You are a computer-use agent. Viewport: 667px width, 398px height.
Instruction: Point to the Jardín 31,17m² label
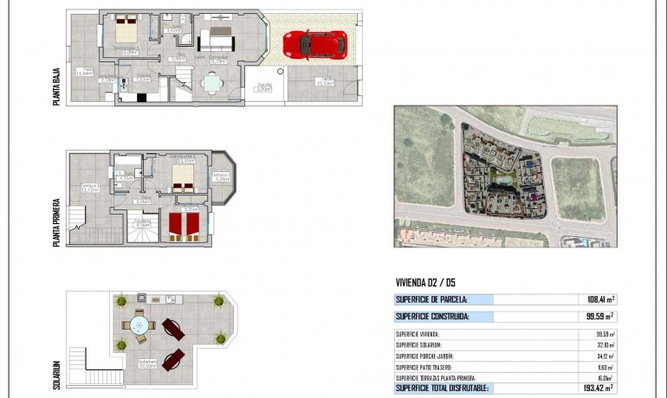point(325,81)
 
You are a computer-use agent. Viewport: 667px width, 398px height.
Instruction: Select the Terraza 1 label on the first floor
point(90,188)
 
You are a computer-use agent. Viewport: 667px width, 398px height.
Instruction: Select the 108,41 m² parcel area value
point(600,299)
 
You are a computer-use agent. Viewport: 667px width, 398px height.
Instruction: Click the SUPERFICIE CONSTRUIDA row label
point(432,317)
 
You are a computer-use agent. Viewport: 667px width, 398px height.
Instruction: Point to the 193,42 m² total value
point(598,388)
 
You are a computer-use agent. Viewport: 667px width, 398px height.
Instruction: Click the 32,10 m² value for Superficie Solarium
point(604,344)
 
